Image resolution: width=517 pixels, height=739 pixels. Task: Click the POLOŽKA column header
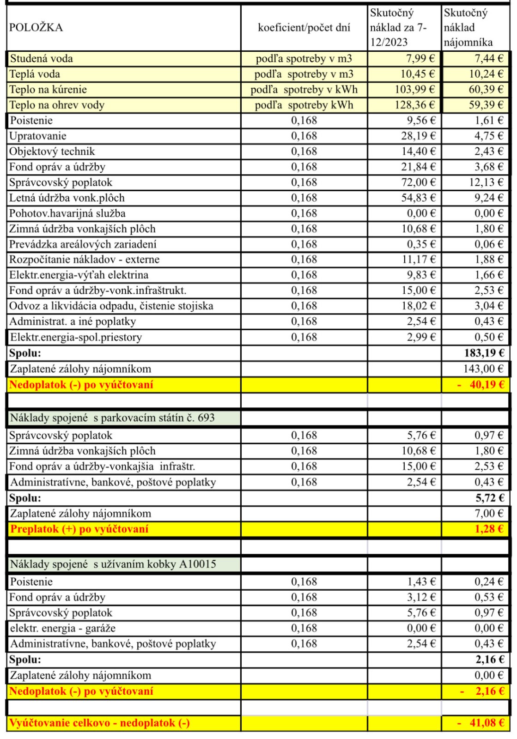tap(36, 27)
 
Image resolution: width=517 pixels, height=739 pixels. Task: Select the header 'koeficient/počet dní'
tap(304, 27)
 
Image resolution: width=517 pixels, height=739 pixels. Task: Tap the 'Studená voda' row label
tap(42, 59)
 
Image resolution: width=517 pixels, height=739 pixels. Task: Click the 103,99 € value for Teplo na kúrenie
tap(414, 90)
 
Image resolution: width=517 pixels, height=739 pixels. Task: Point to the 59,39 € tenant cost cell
tap(486, 105)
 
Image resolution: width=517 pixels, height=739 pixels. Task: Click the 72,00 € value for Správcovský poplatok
tap(418, 182)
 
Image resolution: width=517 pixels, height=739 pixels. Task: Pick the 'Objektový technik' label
tap(52, 151)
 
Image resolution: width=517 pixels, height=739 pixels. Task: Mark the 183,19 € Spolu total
tap(484, 353)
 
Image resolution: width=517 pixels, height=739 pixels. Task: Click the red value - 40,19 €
tap(481, 385)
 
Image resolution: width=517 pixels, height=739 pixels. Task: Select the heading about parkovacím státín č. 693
tap(112, 418)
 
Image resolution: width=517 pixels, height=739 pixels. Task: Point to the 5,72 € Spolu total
tap(489, 498)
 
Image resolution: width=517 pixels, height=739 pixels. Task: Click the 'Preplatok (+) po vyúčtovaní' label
tap(79, 529)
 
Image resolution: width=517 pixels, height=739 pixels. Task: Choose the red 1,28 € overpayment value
tap(489, 529)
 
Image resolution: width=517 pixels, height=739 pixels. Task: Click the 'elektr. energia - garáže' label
tap(63, 628)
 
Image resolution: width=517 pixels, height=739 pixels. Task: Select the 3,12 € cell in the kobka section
tap(421, 597)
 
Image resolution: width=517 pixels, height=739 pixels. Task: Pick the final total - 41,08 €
tap(481, 723)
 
